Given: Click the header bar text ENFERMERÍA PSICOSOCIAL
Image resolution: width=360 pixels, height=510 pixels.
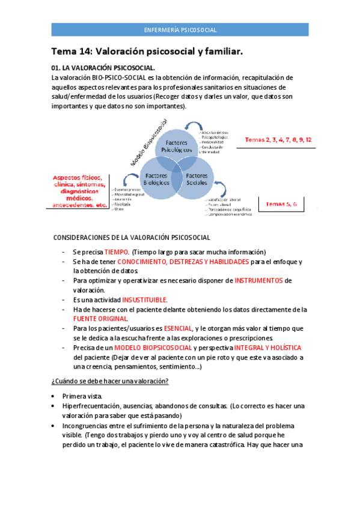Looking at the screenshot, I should pyautogui.click(x=180, y=29).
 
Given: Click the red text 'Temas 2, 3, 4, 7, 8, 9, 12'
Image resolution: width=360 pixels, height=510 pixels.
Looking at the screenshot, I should pyautogui.click(x=278, y=140).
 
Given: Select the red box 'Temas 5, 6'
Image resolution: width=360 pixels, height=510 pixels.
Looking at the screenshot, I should pyautogui.click(x=278, y=204).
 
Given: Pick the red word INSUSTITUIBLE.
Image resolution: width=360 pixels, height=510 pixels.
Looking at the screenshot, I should pyautogui.click(x=145, y=300).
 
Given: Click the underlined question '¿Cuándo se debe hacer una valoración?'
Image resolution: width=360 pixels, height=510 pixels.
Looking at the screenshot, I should pyautogui.click(x=109, y=381).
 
